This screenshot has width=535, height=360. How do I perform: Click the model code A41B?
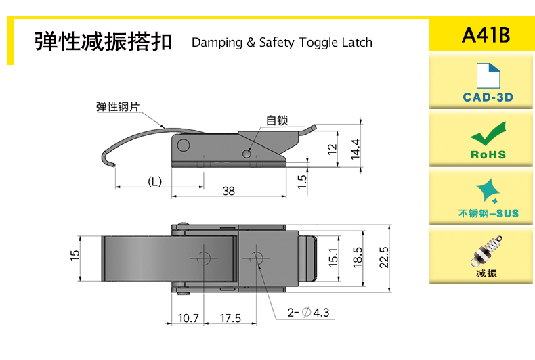(x=486, y=35)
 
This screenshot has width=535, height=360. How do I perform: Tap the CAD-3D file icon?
(x=488, y=76)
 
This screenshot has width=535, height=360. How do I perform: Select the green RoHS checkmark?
(x=488, y=133)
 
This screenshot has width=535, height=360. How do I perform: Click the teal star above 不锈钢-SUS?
(x=488, y=191)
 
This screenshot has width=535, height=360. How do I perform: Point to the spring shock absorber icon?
(x=486, y=250)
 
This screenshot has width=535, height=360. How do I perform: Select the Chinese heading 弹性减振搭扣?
(x=104, y=41)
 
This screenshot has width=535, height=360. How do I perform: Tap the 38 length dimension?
(x=228, y=191)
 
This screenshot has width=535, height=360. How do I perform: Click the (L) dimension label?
(x=154, y=181)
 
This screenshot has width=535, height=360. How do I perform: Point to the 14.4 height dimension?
(x=356, y=149)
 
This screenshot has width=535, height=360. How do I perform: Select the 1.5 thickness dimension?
(x=302, y=182)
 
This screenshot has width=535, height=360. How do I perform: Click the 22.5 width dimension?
(x=384, y=257)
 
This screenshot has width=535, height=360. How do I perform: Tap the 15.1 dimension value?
(x=333, y=257)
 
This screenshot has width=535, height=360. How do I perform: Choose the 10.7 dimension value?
(x=188, y=318)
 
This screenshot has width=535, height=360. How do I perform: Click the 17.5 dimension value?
(x=230, y=318)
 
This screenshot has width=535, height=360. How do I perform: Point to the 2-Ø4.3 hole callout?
(x=308, y=312)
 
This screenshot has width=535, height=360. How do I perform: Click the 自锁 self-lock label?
(x=277, y=120)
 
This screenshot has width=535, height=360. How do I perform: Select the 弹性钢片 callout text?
(x=118, y=106)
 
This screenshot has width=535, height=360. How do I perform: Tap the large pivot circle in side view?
(x=184, y=145)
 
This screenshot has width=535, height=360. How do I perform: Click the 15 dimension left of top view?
(x=74, y=256)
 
